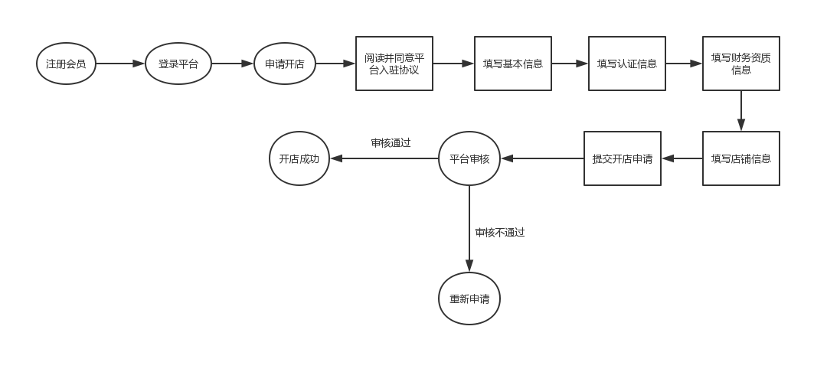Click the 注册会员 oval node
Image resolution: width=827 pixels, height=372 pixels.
point(66,64)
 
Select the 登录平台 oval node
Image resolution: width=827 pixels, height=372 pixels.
point(178,64)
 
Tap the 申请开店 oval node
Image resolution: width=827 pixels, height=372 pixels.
point(285,64)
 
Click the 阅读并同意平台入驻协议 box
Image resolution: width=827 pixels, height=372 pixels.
point(394,64)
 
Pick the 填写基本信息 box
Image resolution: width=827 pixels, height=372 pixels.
point(513,64)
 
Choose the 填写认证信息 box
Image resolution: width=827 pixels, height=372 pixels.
point(627,64)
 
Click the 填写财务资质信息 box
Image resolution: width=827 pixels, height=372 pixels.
point(741,64)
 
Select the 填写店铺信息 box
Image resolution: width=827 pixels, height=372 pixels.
point(741,158)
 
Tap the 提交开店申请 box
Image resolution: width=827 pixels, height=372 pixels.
point(623,158)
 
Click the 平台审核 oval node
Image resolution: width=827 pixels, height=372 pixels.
point(469,158)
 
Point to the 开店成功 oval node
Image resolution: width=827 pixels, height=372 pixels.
point(299,158)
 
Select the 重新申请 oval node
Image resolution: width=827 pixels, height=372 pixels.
point(469,299)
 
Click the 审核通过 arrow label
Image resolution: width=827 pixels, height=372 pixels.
point(391,142)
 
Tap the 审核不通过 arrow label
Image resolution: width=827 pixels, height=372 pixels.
point(500,232)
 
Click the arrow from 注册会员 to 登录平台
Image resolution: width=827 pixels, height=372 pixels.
point(120,64)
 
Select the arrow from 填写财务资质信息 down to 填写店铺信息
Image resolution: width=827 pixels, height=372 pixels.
point(741,111)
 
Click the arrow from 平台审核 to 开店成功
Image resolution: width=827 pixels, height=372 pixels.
point(384,158)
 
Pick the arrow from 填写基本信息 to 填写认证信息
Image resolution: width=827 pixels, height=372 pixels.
point(570,64)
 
